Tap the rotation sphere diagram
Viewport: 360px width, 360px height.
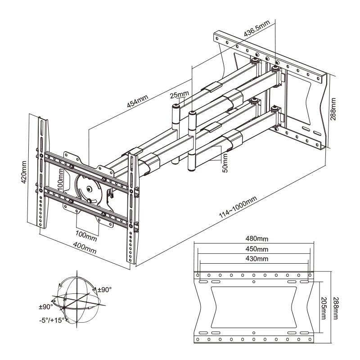77,298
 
